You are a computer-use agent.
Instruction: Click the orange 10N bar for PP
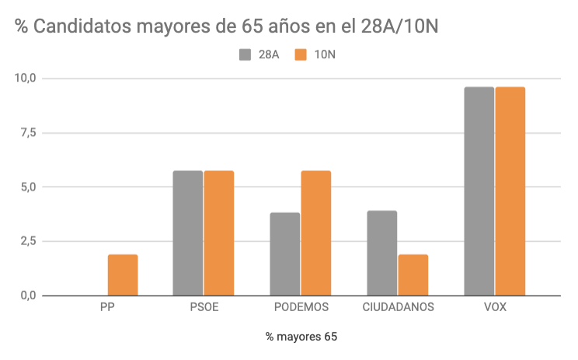pyautogui.click(x=123, y=274)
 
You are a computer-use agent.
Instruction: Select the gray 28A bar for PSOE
pyautogui.click(x=188, y=232)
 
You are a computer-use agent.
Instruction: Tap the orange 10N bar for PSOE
pyautogui.click(x=219, y=232)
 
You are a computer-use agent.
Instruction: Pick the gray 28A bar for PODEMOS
pyautogui.click(x=285, y=253)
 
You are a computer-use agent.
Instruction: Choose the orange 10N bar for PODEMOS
pyautogui.click(x=316, y=232)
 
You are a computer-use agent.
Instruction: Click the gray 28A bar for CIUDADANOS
pyautogui.click(x=382, y=253)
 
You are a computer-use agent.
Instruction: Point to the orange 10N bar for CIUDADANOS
pyautogui.click(x=413, y=274)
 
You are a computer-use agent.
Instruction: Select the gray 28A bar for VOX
pyautogui.click(x=479, y=190)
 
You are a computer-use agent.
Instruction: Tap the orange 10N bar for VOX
pyautogui.click(x=510, y=190)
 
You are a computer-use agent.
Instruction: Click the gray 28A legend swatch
pyautogui.click(x=245, y=54)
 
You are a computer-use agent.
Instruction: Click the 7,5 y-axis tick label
pyautogui.click(x=28, y=133)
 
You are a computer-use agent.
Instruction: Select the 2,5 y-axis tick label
pyautogui.click(x=28, y=241)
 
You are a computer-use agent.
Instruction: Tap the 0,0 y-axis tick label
pyautogui.click(x=28, y=295)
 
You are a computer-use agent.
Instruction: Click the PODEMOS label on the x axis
pyautogui.click(x=301, y=306)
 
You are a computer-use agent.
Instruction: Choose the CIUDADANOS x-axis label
pyautogui.click(x=398, y=306)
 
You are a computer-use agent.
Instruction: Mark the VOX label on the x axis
pyautogui.click(x=495, y=306)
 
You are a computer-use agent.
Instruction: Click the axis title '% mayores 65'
pyautogui.click(x=301, y=337)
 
